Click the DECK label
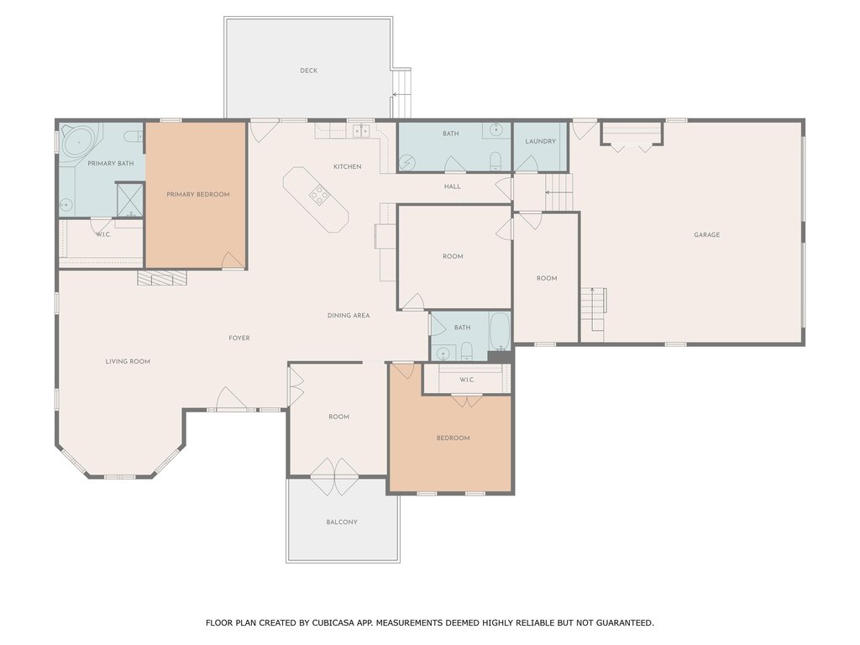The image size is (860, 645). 309,71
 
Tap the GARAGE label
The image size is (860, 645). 706,235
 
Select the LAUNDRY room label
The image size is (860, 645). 540,141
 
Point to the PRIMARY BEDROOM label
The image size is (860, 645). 198,195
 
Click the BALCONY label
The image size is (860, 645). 342,522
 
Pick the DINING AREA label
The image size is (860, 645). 349,316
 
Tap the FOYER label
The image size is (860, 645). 239,338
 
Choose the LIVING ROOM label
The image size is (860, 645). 128,361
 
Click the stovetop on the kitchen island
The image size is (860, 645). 318,195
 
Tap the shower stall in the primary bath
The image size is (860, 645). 130,200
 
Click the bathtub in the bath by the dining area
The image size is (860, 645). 500,331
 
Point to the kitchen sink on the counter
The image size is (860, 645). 361,130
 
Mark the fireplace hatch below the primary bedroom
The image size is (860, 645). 162,277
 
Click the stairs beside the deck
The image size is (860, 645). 402,93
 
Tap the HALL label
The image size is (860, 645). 453,186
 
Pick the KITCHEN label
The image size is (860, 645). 347,167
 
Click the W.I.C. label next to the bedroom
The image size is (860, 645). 467,380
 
